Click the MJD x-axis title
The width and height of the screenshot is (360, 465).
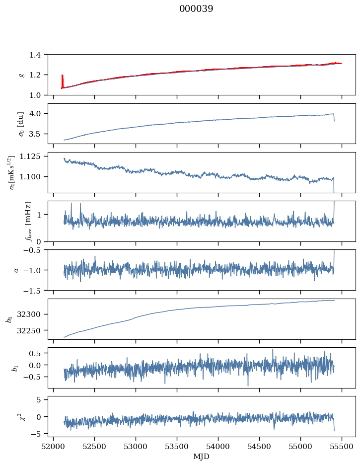(202, 457)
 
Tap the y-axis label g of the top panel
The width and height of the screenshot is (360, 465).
(21, 75)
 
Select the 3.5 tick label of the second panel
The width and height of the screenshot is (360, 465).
(38, 134)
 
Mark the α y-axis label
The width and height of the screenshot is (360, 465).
(16, 270)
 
